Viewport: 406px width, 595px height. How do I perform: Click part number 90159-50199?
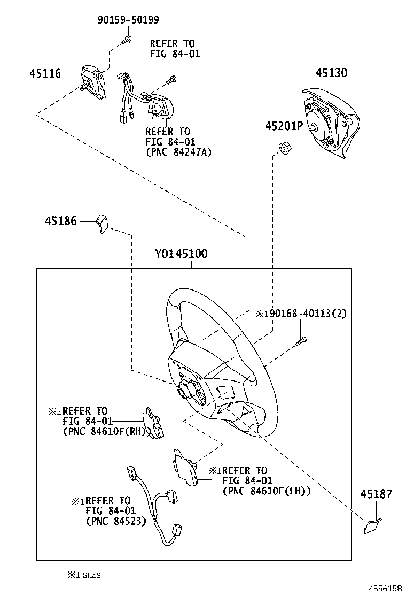coord(128,20)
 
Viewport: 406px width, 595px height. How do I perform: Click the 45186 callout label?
coord(60,220)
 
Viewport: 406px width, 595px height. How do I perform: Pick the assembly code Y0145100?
coord(181,254)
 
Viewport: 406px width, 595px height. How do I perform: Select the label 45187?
coord(376,494)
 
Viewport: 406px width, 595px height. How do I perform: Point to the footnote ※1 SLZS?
coord(84,575)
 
